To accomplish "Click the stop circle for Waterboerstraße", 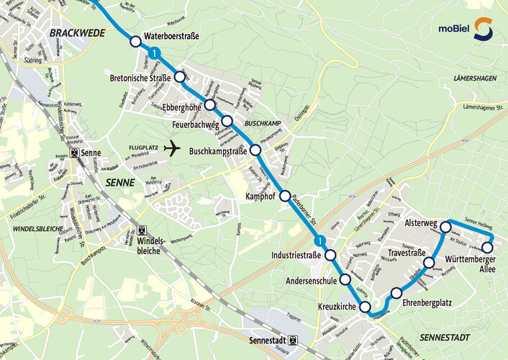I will tap(135, 42).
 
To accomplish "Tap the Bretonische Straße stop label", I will tap(140, 78).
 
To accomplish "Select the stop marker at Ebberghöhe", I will tap(209, 105).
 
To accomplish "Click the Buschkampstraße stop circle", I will tap(255, 150).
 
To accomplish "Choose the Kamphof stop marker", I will tap(285, 196).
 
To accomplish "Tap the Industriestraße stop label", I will tap(296, 256).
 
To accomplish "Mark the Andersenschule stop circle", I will tap(345, 279).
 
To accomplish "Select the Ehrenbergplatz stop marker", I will tap(396, 292).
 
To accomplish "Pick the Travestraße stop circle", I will tap(429, 263).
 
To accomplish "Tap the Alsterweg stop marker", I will tap(445, 227).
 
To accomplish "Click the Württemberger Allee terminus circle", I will tap(487, 248).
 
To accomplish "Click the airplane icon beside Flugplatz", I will tap(171, 149).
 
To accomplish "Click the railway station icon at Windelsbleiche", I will tap(132, 232).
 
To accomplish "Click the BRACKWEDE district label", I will tap(78, 33).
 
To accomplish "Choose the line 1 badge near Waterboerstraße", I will tap(154, 52).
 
